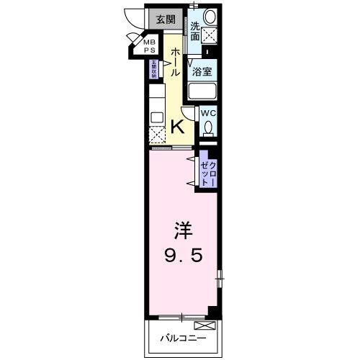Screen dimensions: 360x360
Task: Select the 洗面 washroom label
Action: point(195,29)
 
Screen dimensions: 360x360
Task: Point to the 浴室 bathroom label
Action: point(202,72)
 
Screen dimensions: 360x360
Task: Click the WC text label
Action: point(208,113)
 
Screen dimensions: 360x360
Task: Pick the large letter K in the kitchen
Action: point(176,127)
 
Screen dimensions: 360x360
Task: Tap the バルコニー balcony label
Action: point(182,338)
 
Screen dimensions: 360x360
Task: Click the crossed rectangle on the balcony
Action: point(200,325)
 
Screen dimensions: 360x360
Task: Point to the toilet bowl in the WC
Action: point(209,129)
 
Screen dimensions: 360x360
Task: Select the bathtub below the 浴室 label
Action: point(203,92)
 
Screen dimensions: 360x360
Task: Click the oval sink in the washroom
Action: point(210,16)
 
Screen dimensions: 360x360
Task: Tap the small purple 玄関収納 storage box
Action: point(153,71)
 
